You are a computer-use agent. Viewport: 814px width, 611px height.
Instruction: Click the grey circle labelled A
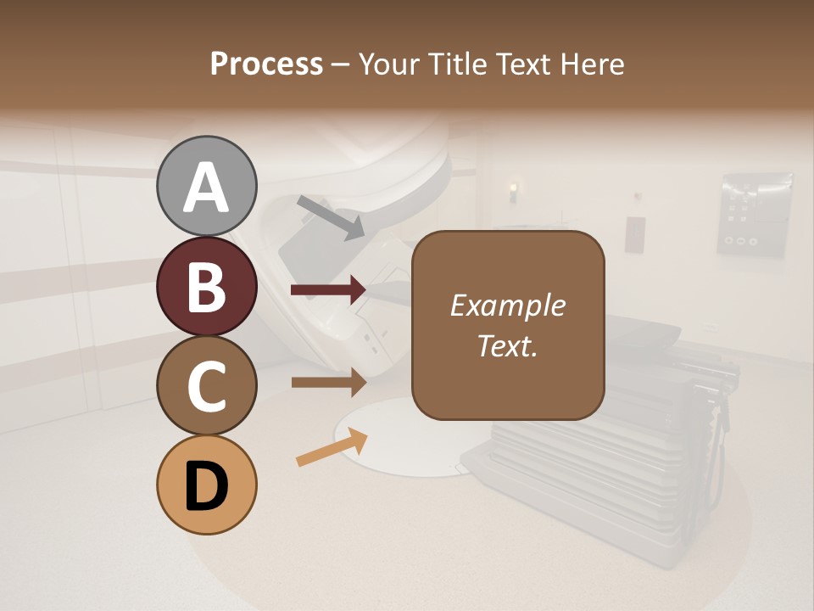[207, 186]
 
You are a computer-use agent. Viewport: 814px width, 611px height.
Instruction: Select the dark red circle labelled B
[207, 286]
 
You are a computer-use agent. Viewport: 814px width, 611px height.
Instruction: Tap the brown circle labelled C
[207, 385]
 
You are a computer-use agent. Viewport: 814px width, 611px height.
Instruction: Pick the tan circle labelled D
[207, 485]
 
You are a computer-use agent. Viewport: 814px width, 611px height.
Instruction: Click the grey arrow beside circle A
[331, 217]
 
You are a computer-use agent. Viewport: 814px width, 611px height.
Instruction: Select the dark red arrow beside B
[328, 290]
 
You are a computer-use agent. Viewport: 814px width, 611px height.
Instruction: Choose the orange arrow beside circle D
[332, 447]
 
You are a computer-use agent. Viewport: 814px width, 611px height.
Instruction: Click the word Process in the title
[266, 64]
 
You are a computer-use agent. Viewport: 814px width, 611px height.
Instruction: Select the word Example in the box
[507, 305]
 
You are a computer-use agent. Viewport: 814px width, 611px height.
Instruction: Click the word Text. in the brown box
[507, 345]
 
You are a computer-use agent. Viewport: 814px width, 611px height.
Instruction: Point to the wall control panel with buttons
[755, 214]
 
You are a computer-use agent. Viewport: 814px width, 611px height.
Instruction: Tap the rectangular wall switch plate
[634, 234]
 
